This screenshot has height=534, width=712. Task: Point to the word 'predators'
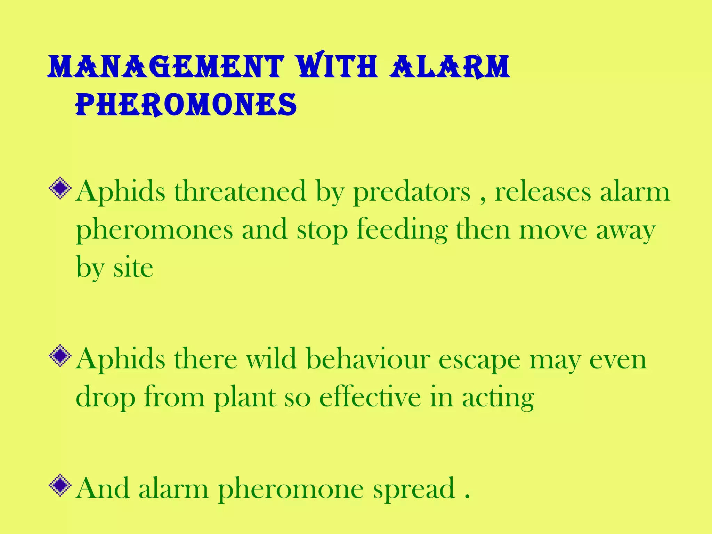(412, 192)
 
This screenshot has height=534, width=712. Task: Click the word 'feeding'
(402, 230)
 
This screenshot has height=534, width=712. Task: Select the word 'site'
(133, 268)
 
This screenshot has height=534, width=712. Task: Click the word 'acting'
(498, 398)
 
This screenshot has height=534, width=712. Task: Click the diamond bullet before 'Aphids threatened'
(60, 188)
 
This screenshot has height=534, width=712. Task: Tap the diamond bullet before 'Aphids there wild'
(60, 356)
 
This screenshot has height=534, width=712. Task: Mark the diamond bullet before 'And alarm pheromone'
(60, 485)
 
